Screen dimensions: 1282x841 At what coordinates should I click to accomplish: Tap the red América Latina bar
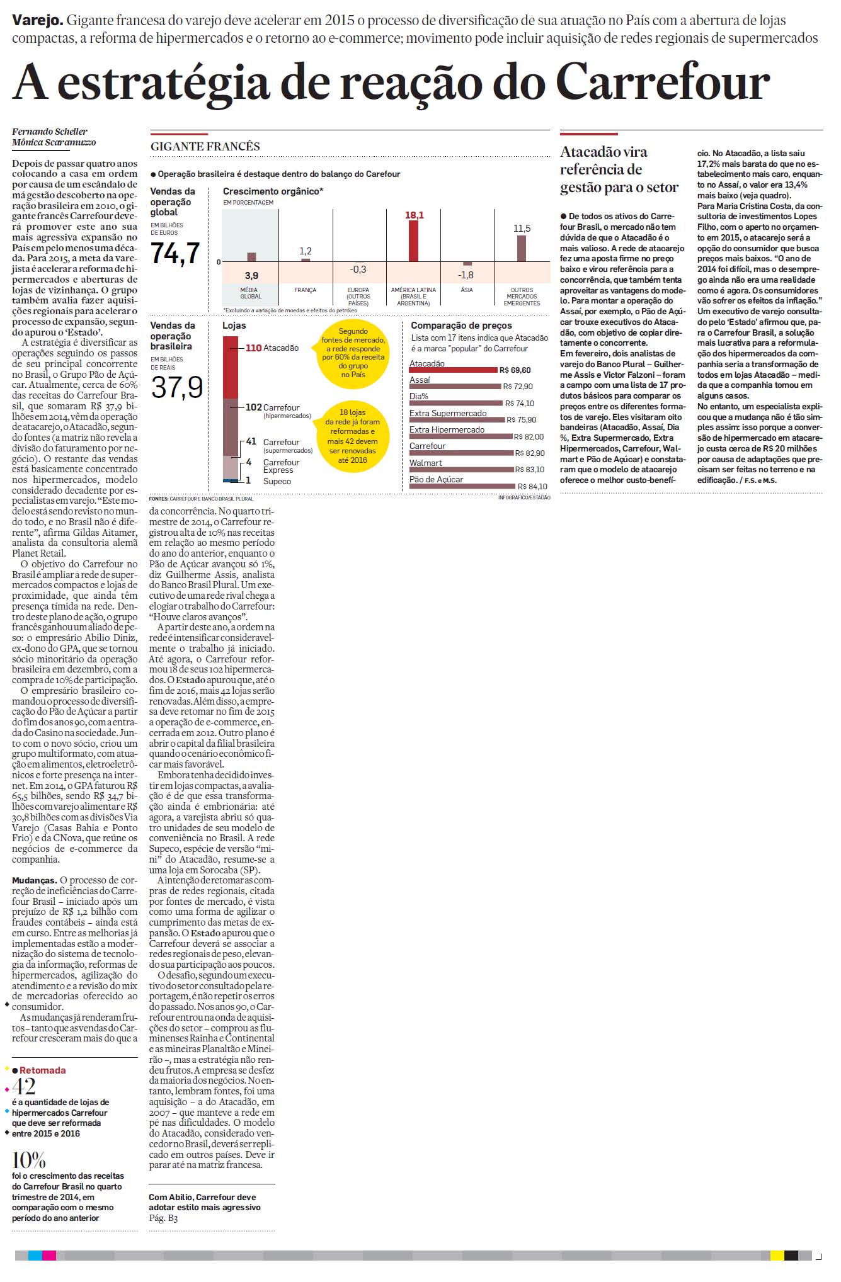tap(413, 241)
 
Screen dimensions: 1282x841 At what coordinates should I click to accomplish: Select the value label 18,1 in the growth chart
tap(415, 215)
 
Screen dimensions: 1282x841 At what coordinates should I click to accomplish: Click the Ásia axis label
tap(467, 290)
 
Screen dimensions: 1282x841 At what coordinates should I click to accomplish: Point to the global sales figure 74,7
tap(175, 253)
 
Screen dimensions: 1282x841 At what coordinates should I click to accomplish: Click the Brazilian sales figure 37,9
tap(177, 387)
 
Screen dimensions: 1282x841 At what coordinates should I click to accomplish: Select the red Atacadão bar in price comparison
tap(453, 370)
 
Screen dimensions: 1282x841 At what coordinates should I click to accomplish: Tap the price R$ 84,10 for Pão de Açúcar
tap(532, 486)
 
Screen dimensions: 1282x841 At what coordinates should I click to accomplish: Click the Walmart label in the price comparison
tap(426, 463)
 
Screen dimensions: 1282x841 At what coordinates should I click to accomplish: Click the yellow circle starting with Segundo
tap(353, 353)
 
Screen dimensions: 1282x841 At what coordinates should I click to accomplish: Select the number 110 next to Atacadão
tap(253, 348)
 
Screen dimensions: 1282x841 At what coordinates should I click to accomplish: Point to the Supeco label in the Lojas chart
tap(277, 481)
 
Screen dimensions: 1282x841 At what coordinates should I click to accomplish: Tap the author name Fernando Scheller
tap(50, 132)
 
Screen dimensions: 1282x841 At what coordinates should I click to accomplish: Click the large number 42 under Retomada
tap(24, 1086)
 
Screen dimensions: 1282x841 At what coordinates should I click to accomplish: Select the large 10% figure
tap(28, 1160)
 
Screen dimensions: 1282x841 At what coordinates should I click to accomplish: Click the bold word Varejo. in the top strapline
tap(37, 20)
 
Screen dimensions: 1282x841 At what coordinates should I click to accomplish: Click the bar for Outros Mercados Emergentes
tap(522, 248)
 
